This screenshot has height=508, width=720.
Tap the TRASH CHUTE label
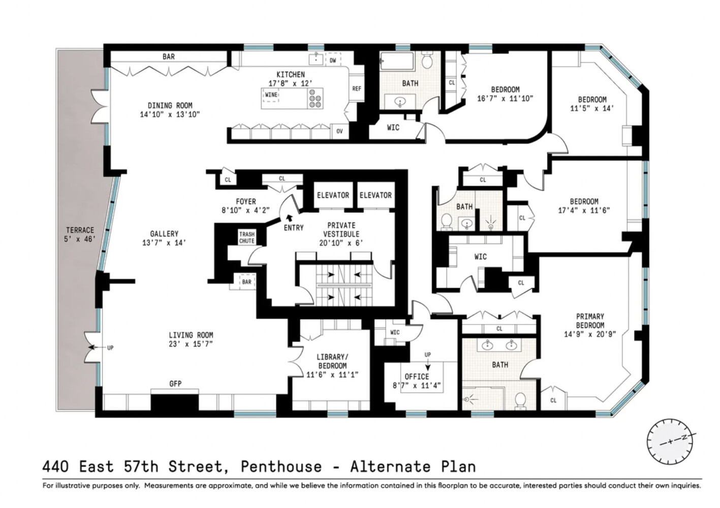pos(247,237)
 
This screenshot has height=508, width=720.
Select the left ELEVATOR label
pos(333,195)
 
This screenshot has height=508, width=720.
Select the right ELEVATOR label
pos(375,195)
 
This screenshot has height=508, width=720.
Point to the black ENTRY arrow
pos(289,219)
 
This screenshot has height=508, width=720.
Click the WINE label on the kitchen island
pos(271,94)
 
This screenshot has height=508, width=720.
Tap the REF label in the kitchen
pos(357,88)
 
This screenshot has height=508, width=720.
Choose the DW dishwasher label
pos(333,60)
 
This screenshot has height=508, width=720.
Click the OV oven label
pos(339,131)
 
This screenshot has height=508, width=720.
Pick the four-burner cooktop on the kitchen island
pos(316,99)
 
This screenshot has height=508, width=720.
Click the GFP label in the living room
pos(175,384)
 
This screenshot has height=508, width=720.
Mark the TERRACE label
pos(80,230)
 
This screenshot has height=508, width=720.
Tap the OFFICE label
pos(417,376)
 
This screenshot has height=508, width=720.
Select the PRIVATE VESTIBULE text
pos(341,230)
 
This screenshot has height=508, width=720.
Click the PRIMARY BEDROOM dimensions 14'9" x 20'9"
pos(590,334)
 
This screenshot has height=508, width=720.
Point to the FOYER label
pos(246,202)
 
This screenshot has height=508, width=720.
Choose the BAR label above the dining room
pos(169,57)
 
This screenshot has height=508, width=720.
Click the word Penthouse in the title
pos(281,466)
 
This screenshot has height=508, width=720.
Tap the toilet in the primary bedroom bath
pos(520,400)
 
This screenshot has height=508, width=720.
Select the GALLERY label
pos(164,234)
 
